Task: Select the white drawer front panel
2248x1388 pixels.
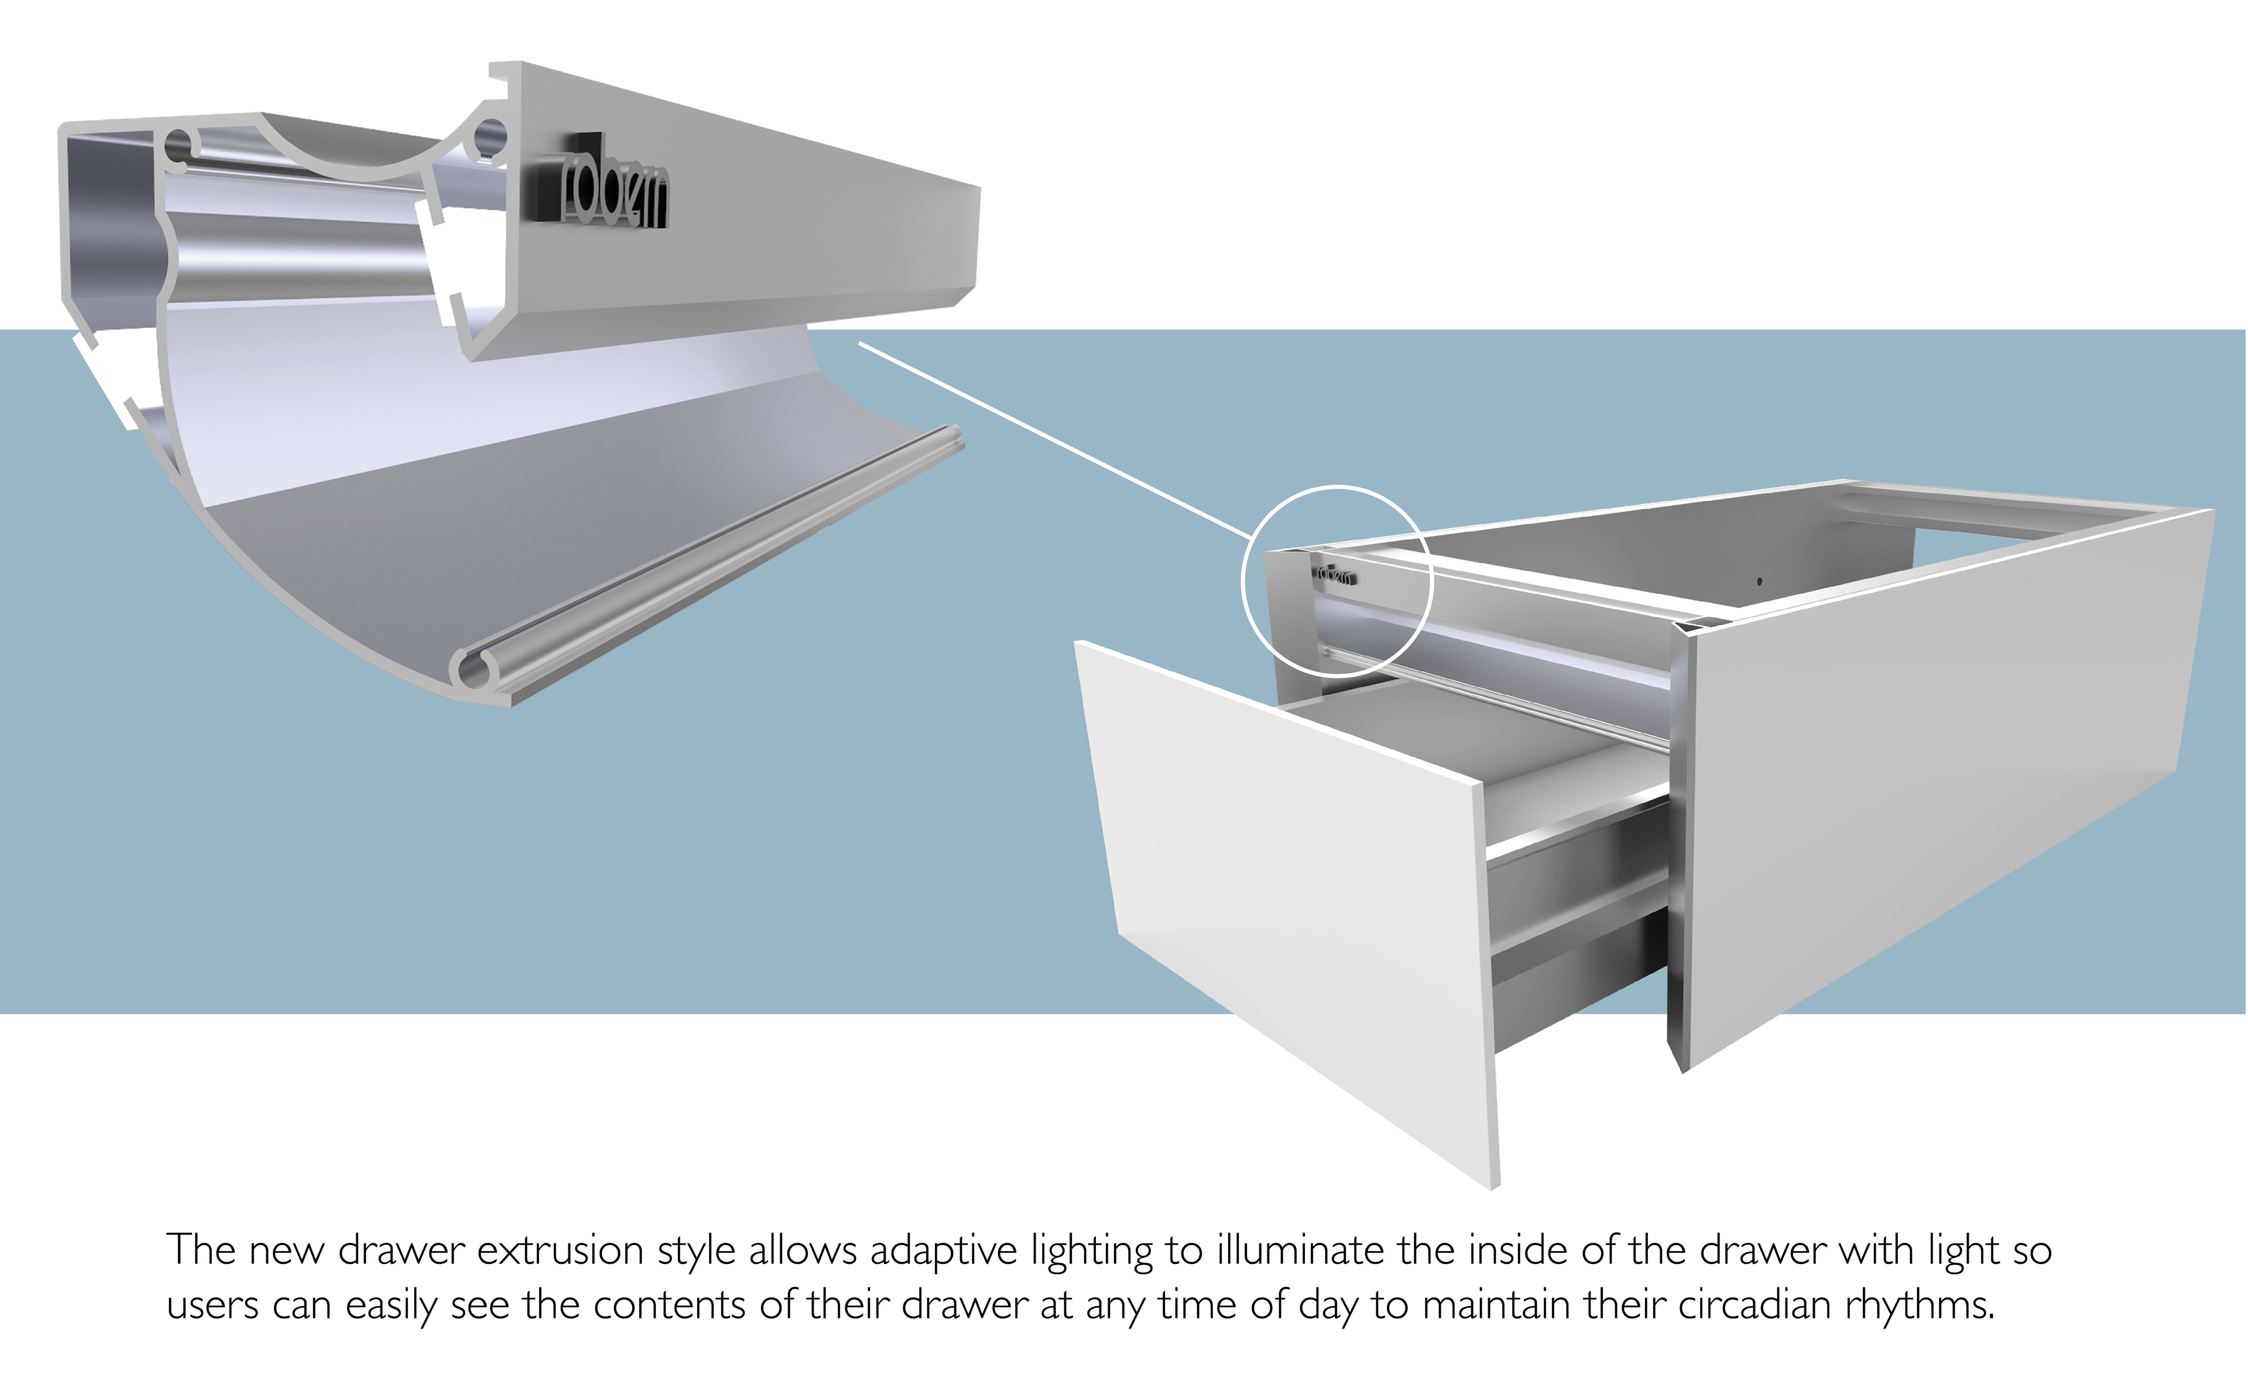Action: (1285, 900)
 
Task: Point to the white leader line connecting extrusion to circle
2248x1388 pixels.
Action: (1056, 441)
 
